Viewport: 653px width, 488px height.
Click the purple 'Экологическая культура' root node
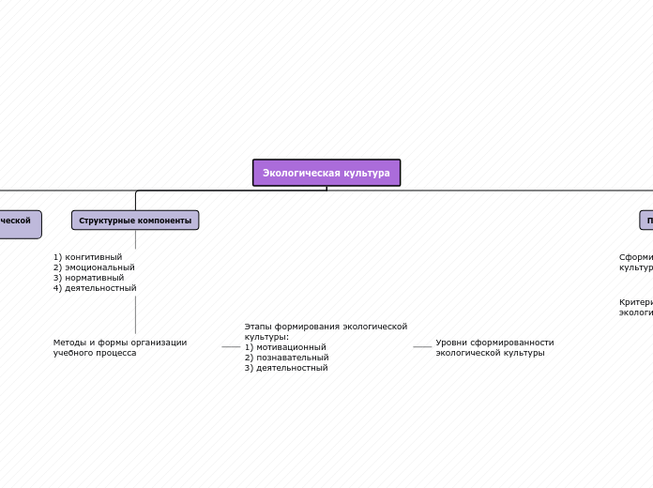[x=326, y=173]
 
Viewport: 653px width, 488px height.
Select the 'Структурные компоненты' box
[x=135, y=221]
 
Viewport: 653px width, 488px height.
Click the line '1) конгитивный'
[x=87, y=257]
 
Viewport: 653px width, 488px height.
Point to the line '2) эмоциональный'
[x=94, y=267]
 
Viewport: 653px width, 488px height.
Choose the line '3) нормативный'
[x=88, y=278]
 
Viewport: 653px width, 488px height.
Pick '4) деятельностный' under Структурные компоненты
[x=95, y=288]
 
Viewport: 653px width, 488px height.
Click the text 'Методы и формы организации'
[x=120, y=343]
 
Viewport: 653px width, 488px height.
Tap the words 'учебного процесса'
[x=95, y=353]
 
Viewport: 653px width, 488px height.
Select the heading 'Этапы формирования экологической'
[x=326, y=327]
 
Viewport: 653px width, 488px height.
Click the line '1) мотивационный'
[x=285, y=347]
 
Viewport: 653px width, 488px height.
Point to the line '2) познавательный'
[x=286, y=358]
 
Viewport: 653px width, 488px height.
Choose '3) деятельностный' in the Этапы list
[x=286, y=368]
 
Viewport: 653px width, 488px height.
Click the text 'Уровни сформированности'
[x=494, y=343]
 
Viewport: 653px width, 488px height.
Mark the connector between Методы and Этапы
[x=231, y=347]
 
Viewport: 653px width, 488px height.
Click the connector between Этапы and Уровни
[x=422, y=347]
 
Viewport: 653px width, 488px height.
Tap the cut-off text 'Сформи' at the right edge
[x=635, y=257]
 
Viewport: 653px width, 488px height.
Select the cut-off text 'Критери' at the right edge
[x=635, y=302]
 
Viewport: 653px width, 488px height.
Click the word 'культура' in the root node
[x=367, y=173]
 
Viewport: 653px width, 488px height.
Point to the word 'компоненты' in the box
[x=168, y=221]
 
